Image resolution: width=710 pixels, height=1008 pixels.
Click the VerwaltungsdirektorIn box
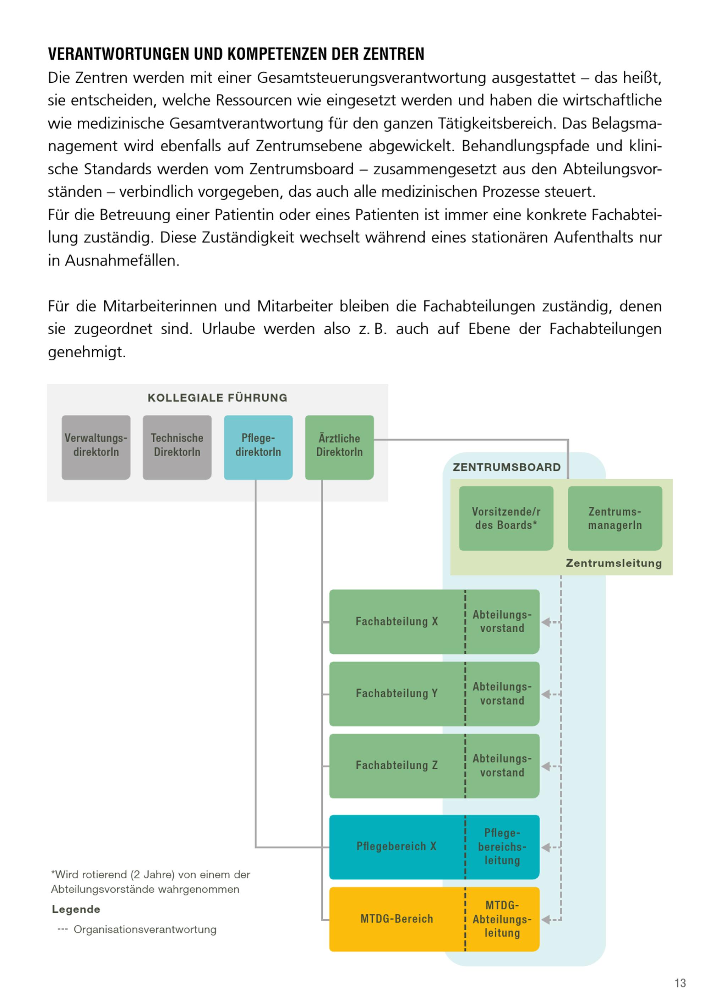pos(96,447)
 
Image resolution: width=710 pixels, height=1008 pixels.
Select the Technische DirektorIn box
pos(177,447)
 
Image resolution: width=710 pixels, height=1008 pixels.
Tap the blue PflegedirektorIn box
pos(258,447)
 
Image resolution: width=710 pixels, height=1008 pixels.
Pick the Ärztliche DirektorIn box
pos(339,447)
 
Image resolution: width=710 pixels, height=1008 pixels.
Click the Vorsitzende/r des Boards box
pos(506,518)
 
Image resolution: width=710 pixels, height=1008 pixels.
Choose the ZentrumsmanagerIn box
pos(615,518)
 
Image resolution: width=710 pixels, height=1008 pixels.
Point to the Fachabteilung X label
pos(397,621)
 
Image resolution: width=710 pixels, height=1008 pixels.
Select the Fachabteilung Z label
pos(397,765)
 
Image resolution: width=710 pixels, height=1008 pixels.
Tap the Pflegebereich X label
pos(396,846)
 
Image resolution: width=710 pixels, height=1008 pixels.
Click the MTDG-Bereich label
pos(397,919)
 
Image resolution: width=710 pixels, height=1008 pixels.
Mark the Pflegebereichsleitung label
pos(502,846)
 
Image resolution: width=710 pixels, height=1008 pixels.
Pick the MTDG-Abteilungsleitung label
pos(502,919)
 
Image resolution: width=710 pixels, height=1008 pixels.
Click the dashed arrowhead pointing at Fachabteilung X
pos(546,622)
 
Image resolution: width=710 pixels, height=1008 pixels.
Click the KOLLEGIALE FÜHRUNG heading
pos(217,398)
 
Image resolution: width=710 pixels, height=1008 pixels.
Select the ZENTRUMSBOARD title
pos(507,467)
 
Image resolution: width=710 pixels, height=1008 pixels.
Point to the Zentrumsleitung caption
pos(613,563)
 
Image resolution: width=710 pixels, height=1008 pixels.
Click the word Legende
pos(76,909)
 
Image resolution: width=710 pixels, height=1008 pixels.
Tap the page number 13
pos(680,983)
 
